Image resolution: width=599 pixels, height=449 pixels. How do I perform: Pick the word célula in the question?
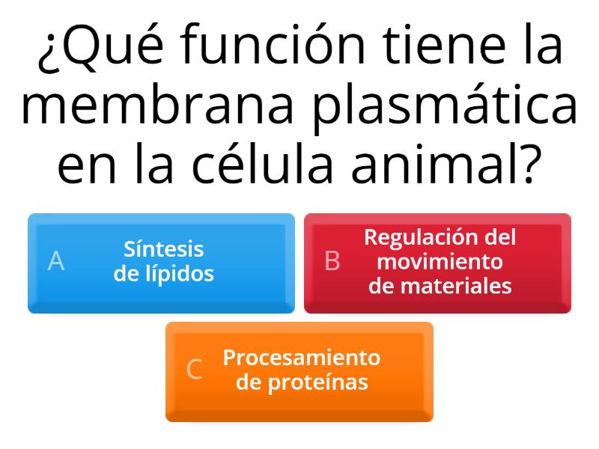(262, 163)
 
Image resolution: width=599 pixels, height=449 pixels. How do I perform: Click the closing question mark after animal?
(532, 163)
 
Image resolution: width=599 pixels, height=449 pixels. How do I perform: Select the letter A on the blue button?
(55, 261)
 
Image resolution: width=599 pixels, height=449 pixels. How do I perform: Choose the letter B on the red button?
(332, 261)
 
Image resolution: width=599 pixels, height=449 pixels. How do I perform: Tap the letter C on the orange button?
(194, 370)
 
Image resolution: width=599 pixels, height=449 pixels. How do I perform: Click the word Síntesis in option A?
(163, 249)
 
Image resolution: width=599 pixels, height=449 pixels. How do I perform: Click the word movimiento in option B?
(440, 262)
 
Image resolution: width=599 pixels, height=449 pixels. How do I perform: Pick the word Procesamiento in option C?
(302, 358)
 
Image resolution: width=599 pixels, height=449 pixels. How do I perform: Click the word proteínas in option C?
(317, 382)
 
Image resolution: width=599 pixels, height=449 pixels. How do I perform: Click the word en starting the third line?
(86, 168)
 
